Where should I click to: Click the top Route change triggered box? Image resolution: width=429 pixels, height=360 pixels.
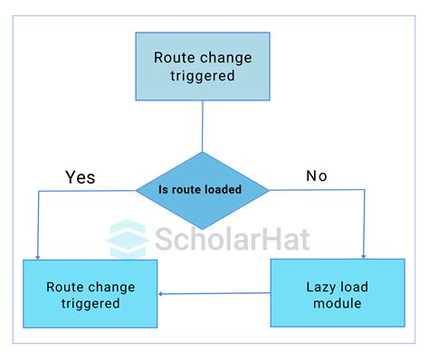203,66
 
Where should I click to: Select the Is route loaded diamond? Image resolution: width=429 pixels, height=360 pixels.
203,190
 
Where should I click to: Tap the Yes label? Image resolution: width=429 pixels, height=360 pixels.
80,176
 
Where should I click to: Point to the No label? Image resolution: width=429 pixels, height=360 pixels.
316,175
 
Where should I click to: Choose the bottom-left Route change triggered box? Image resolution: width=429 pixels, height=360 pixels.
91,295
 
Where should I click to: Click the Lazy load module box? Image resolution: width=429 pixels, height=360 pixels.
337,293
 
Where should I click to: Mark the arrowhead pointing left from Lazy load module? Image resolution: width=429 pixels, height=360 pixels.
162,293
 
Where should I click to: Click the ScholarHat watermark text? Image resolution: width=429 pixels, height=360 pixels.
231,238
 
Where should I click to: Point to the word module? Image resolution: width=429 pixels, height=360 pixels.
337,303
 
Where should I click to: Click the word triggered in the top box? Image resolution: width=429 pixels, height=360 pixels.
203,76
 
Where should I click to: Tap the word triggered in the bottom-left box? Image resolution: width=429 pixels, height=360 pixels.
91,304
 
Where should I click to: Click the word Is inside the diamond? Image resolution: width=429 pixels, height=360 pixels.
164,190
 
